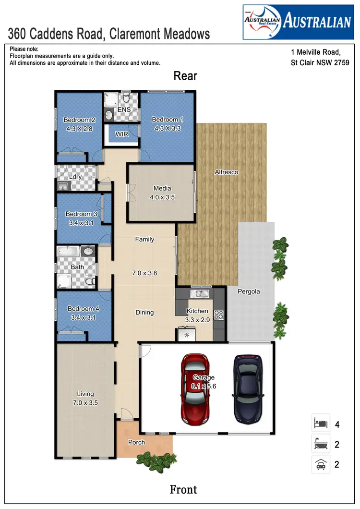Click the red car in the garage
[197, 389]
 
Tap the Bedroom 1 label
[167, 120]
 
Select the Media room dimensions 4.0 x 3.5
[162, 197]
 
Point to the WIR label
[122, 134]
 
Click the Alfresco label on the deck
[226, 172]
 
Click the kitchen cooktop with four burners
[218, 315]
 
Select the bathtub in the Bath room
[68, 252]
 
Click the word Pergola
[249, 291]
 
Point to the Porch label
[136, 442]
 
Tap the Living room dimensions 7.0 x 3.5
[85, 403]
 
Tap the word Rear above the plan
[185, 76]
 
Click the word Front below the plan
[183, 489]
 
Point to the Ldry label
[75, 177]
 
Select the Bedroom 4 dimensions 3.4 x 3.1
[84, 317]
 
